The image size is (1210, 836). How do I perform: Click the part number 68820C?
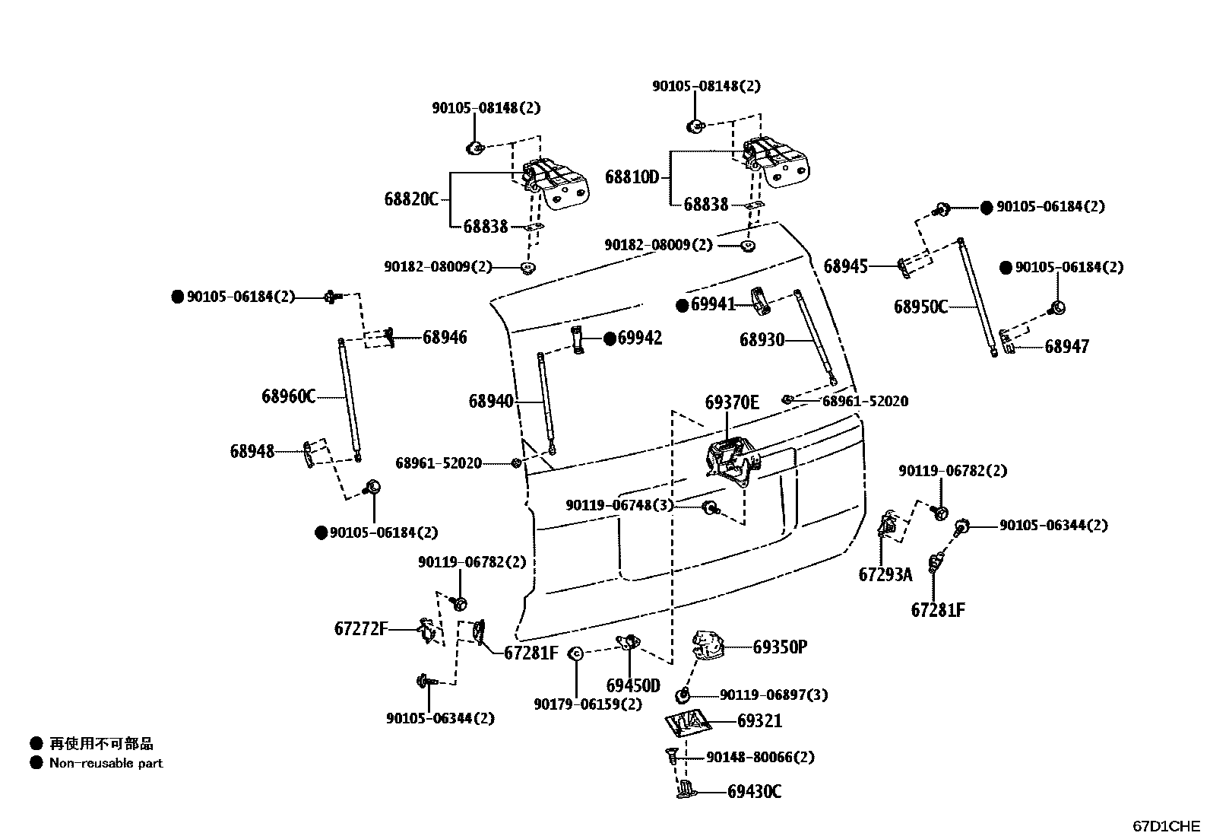click(412, 199)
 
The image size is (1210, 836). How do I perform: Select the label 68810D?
click(632, 176)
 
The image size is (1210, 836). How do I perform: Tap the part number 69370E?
click(732, 402)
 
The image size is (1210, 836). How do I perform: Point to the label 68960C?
click(289, 396)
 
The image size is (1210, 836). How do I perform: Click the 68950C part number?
click(921, 307)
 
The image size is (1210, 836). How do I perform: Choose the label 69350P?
click(780, 647)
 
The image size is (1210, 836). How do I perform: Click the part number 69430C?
click(754, 792)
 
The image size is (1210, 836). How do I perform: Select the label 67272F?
click(361, 628)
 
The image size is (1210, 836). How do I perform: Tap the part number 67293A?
click(885, 574)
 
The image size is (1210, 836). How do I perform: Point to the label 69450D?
click(633, 685)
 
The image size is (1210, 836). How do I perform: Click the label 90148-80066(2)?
click(760, 757)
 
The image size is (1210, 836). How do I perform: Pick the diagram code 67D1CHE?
click(1166, 826)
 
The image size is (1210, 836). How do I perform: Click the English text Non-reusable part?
click(106, 763)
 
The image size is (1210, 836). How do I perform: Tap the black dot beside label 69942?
click(610, 339)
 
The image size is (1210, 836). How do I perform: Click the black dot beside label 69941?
click(683, 306)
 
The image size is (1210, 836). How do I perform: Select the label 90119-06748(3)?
click(619, 505)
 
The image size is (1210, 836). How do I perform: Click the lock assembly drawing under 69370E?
click(733, 463)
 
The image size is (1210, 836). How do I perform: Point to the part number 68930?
click(762, 339)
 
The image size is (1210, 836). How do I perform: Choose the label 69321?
click(759, 721)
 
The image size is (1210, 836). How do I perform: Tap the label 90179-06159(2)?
click(588, 704)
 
